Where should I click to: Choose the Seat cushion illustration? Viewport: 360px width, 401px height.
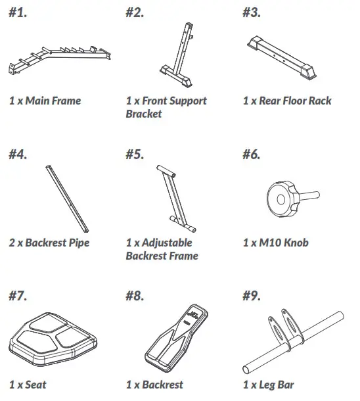(54, 341)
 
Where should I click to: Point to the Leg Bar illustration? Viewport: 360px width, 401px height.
(290, 342)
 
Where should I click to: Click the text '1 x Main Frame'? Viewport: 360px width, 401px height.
(45, 101)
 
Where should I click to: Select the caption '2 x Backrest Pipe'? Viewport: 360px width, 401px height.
(49, 243)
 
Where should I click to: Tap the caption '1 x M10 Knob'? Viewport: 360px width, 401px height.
(275, 243)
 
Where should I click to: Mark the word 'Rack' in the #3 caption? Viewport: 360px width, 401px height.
(318, 101)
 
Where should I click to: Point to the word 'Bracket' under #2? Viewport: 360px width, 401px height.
(143, 114)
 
